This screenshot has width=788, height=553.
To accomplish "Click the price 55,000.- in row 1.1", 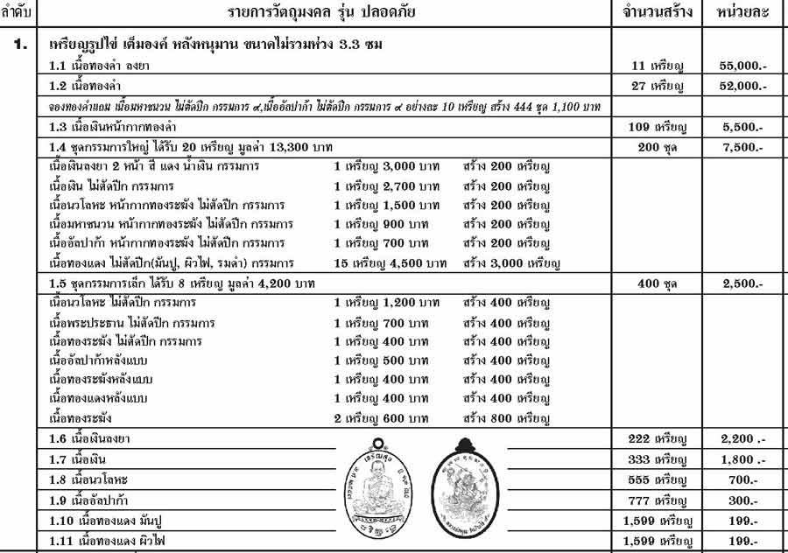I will [x=743, y=66].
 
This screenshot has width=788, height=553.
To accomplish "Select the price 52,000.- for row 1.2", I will [x=743, y=86].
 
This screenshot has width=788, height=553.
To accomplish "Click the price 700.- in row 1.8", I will [x=743, y=480].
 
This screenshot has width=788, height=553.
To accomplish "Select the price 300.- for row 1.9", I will [x=743, y=500].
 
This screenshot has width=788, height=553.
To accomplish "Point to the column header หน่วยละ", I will [x=742, y=13].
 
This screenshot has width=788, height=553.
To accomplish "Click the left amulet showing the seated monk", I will [x=377, y=492].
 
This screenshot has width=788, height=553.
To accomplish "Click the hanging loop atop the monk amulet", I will [x=377, y=442].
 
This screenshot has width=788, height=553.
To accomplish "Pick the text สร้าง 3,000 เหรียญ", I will [x=511, y=262].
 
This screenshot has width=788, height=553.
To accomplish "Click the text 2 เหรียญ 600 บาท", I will [x=388, y=418].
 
